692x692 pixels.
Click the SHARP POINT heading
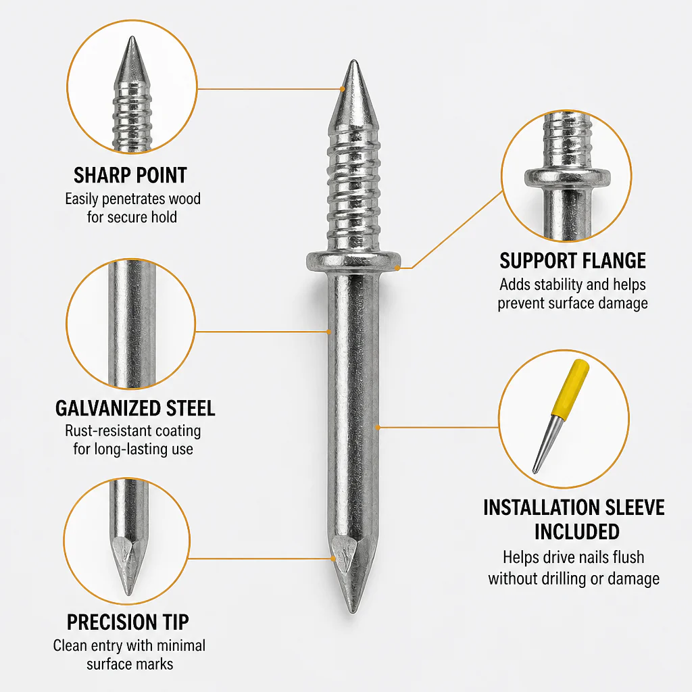[x=130, y=175]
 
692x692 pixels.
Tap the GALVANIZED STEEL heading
[x=135, y=408]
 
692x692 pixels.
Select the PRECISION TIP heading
[x=128, y=622]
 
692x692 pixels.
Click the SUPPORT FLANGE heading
[x=573, y=260]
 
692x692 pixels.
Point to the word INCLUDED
[x=577, y=531]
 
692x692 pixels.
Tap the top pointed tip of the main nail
[x=353, y=61]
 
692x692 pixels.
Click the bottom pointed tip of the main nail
[x=352, y=611]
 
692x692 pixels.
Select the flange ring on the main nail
[x=353, y=262]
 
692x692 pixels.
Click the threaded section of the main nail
[x=353, y=188]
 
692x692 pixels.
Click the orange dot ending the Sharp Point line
[x=343, y=89]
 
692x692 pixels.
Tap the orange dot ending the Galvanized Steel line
[x=329, y=331]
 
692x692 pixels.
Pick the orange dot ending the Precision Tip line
[x=334, y=559]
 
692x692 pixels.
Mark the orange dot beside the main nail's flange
[x=397, y=268]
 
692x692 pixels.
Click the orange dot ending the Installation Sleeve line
[x=378, y=427]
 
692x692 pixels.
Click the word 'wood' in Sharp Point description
[x=185, y=199]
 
